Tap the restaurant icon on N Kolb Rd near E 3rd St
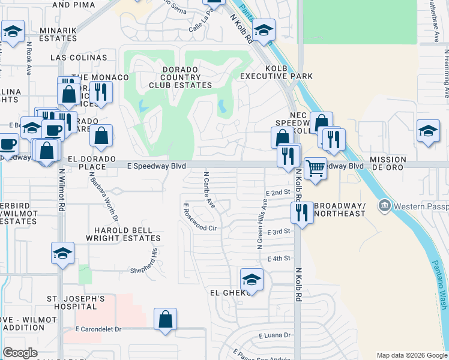click(x=301, y=212)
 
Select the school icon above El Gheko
click(x=252, y=280)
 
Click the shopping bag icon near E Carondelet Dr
click(x=165, y=319)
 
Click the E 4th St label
click(x=279, y=258)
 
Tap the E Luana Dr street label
click(x=275, y=335)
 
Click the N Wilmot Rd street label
click(x=61, y=190)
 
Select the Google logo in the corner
click(x=20, y=352)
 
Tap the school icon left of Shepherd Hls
click(x=62, y=254)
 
